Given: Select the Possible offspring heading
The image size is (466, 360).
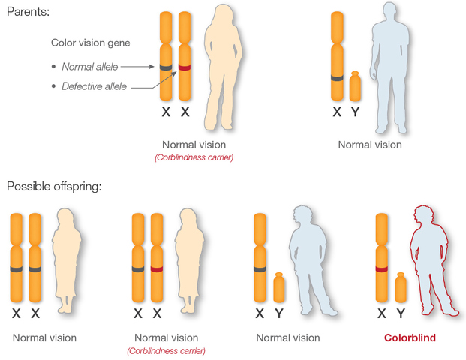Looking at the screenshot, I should click(x=53, y=186).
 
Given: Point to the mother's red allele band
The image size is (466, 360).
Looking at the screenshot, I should click(x=185, y=69).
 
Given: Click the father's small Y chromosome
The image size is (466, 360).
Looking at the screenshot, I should click(x=356, y=86).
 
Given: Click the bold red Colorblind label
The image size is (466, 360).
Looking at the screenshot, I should click(x=410, y=338).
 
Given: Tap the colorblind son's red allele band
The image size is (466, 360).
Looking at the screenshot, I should click(x=381, y=268).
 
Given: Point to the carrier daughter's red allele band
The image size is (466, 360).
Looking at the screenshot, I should click(x=156, y=268).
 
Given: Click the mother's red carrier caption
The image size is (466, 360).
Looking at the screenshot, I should click(x=194, y=158).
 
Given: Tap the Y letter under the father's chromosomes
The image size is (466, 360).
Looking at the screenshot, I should click(x=356, y=112).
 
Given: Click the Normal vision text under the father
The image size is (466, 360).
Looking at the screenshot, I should click(x=370, y=145).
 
